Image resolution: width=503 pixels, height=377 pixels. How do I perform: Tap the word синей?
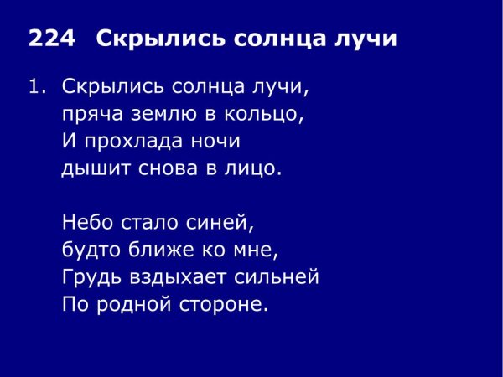(220, 224)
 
